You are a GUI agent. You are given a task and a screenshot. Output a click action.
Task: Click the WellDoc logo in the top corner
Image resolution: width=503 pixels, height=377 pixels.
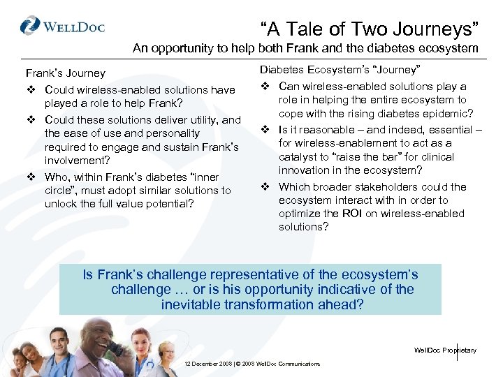pyautogui.click(x=62, y=27)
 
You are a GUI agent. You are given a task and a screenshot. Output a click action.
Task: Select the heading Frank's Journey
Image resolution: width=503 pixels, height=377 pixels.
pyautogui.click(x=66, y=73)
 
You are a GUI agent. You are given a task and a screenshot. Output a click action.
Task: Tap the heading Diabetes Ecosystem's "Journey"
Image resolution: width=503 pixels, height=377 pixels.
pyautogui.click(x=340, y=69)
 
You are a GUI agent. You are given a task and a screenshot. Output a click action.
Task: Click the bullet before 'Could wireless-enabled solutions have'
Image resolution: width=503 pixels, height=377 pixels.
pyautogui.click(x=31, y=89)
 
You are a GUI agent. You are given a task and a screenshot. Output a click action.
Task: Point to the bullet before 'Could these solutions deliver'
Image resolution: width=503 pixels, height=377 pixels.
pyautogui.click(x=31, y=120)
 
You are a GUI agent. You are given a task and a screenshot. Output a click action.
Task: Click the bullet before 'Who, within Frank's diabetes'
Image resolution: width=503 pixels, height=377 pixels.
pyautogui.click(x=31, y=177)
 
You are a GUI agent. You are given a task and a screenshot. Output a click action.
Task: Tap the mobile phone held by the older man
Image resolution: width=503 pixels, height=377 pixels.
pyautogui.click(x=115, y=348)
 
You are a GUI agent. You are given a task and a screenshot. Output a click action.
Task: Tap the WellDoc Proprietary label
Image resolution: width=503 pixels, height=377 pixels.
pyautogui.click(x=445, y=350)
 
